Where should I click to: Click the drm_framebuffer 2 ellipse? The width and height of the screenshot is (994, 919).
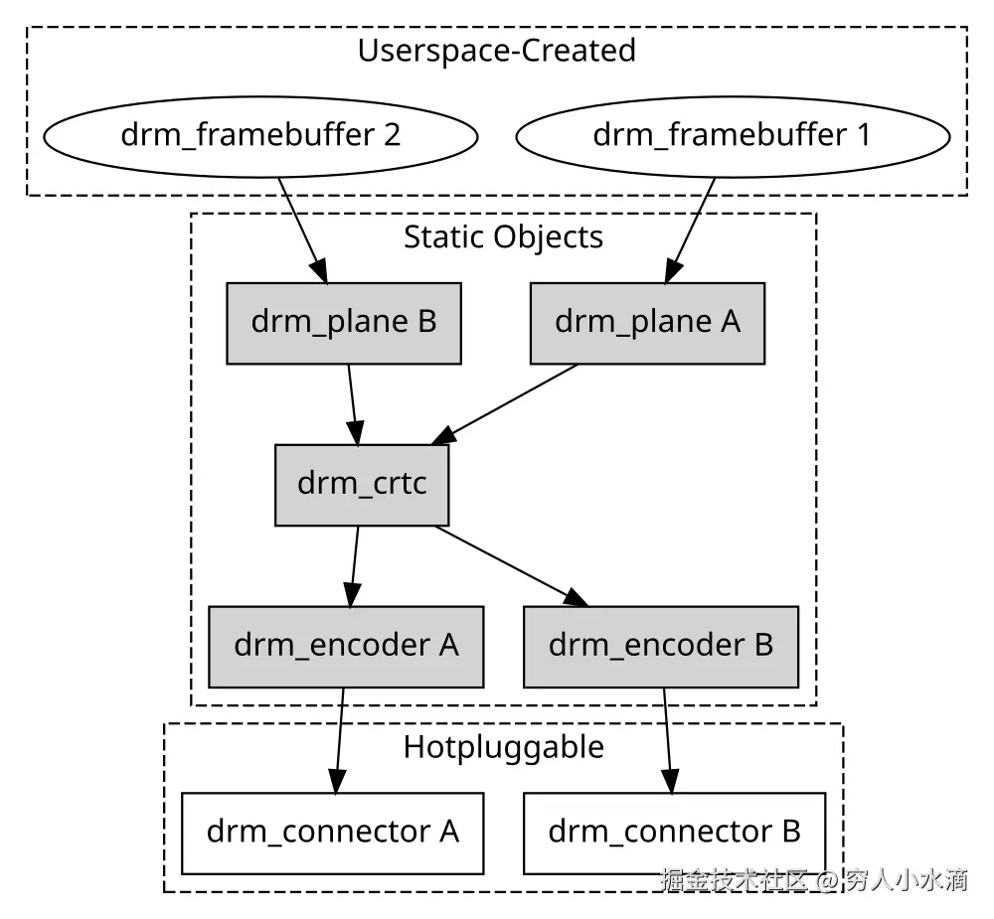pos(260,136)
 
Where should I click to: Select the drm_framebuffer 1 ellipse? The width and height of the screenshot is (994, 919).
pos(733,136)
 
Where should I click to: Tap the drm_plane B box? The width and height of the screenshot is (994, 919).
pos(344,323)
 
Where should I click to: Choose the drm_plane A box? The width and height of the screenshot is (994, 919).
pos(647,323)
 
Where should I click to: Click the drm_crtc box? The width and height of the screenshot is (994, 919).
pos(362,485)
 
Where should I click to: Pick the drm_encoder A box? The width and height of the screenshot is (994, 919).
pos(346,647)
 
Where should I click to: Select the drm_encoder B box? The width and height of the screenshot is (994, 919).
pos(661,647)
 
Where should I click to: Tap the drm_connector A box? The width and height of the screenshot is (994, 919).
pos(333,833)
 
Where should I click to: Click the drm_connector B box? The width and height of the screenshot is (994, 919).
pos(675,833)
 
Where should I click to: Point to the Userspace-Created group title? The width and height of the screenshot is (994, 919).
pos(496,51)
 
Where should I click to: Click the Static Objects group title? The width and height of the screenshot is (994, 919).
pos(503,237)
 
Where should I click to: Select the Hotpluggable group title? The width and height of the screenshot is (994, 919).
pos(503,747)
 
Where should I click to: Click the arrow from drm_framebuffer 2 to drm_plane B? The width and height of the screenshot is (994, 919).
pos(303,230)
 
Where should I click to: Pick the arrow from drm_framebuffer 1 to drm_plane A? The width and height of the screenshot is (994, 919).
pos(690,230)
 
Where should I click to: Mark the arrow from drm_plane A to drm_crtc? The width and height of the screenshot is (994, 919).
pos(505,404)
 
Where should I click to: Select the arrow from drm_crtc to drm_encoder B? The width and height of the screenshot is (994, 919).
pos(512,566)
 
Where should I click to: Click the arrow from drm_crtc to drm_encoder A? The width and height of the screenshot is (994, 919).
pos(354,566)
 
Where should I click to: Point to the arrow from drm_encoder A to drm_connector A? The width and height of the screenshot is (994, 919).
pos(339,740)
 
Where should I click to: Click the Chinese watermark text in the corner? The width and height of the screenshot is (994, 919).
pos(814,880)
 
